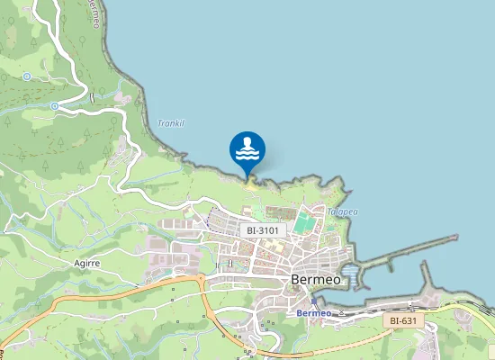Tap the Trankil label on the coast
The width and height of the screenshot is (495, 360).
pos(170,123)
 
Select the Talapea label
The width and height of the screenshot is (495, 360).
pos(342,211)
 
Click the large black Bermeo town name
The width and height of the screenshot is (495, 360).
pos(315,279)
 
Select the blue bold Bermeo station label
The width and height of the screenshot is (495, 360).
pos(314,312)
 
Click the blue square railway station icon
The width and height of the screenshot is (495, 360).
pos(312,301)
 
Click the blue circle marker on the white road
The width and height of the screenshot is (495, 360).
pos(55,106)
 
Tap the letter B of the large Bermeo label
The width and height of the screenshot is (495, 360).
pos(296,279)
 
